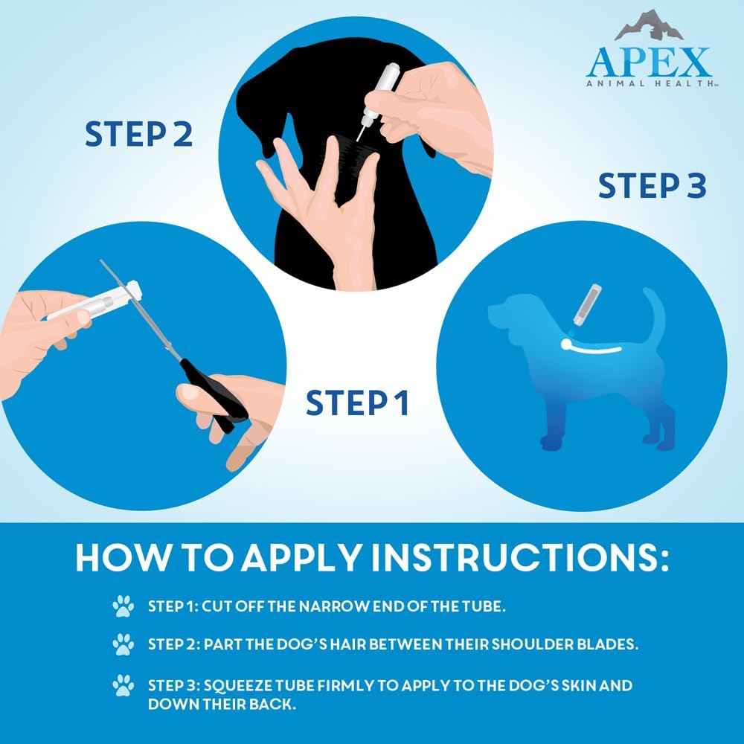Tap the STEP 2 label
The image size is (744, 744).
138,134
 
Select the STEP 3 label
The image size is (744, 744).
652,186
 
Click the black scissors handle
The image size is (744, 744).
216,398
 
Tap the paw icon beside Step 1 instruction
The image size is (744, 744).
123,606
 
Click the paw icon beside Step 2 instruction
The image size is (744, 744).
123,644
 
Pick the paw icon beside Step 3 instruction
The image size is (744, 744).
123,684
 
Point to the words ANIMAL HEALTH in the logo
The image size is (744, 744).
649,85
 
